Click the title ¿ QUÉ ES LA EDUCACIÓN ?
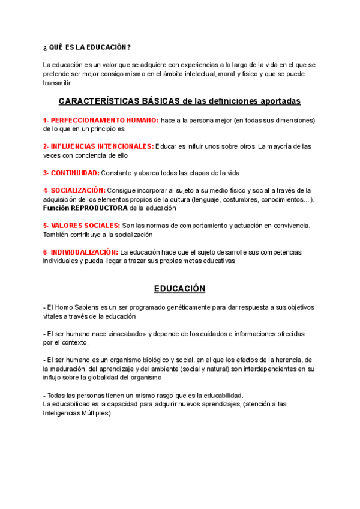click(x=87, y=47)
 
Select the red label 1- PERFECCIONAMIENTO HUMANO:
click(x=101, y=121)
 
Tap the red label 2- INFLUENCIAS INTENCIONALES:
click(x=98, y=146)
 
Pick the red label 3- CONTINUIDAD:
click(x=71, y=173)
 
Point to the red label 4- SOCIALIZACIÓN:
click(x=74, y=191)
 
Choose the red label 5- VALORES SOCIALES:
click(x=81, y=226)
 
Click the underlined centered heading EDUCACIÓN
click(x=180, y=289)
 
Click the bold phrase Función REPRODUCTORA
click(x=85, y=208)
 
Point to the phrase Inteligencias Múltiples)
click(x=77, y=413)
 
